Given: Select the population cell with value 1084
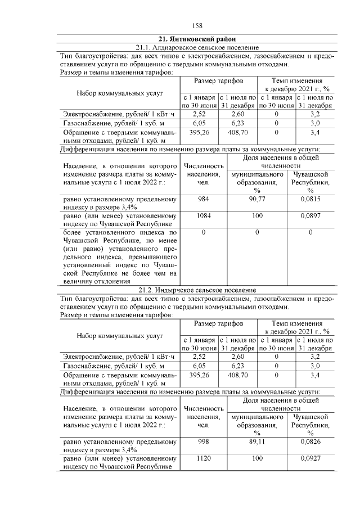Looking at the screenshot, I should (204, 215).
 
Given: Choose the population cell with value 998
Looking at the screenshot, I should (204, 443).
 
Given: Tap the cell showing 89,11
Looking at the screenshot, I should (256, 443).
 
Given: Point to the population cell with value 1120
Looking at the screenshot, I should (204, 459).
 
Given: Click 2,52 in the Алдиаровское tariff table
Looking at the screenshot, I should (199, 112).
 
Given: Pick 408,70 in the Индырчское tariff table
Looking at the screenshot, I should (238, 375).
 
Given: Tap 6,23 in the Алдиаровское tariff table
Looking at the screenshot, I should (238, 122).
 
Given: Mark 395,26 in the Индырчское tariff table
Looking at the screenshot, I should (199, 375).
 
